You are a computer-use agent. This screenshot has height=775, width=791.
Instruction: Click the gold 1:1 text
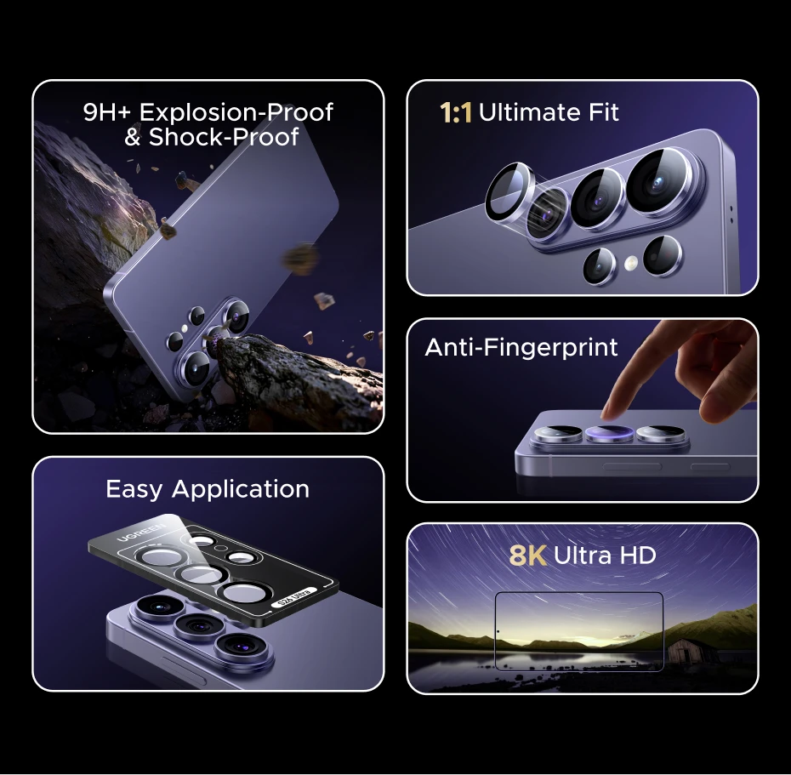(x=456, y=112)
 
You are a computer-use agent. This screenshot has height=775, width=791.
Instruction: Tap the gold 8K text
(x=527, y=556)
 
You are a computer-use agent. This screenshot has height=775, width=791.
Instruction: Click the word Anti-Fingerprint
(x=521, y=348)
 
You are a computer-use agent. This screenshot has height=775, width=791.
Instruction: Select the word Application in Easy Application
(x=240, y=490)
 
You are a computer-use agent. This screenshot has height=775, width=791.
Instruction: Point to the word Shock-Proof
(x=224, y=137)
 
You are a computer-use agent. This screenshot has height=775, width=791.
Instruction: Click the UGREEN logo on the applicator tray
(x=140, y=533)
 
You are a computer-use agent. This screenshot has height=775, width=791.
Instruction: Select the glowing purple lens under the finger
(x=609, y=433)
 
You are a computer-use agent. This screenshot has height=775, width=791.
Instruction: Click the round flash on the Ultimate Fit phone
(x=630, y=262)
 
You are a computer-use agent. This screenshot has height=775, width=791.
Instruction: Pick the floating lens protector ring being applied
(x=509, y=191)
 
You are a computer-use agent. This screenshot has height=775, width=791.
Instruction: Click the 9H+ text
(x=106, y=112)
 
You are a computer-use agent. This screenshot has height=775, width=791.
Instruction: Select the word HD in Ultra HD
(x=638, y=556)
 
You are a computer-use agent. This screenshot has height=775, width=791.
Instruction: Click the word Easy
(x=134, y=490)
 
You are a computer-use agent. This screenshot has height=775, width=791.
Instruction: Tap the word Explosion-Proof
(x=236, y=112)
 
